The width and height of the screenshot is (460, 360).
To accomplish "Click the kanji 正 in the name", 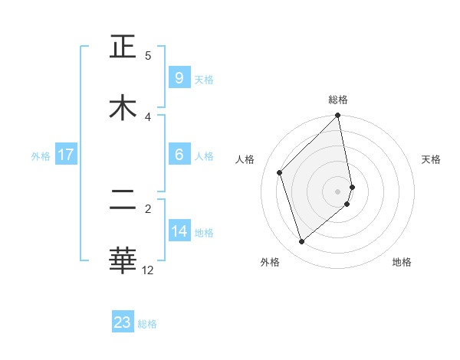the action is point(123,47).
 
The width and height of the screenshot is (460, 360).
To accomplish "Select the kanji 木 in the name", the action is point(123,107).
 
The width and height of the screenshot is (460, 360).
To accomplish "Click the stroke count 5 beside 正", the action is point(148,56).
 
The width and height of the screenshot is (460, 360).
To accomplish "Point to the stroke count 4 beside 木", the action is point(148,116).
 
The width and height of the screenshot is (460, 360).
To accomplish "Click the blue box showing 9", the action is point(179,77).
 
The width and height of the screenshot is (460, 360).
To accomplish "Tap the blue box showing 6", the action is point(179,155).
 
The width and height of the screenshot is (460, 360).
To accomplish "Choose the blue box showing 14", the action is point(179,231).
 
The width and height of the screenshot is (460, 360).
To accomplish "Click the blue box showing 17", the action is point(65,155).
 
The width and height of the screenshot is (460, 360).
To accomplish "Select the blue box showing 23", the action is point(123,322).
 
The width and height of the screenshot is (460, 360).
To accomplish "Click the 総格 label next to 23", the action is point(147,324).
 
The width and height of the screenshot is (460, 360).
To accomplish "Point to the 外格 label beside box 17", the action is point(41,156).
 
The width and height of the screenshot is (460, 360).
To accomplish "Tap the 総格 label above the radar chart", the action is point(338,100).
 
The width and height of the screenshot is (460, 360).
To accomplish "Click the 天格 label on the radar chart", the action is point(431,159).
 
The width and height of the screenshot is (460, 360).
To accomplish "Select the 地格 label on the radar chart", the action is point(402,262).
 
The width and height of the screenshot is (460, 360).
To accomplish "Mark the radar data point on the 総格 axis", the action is point(338,116).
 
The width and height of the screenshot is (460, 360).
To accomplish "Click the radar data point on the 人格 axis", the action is point(280,172).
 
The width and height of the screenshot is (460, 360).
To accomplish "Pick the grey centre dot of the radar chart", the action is point(338,191).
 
